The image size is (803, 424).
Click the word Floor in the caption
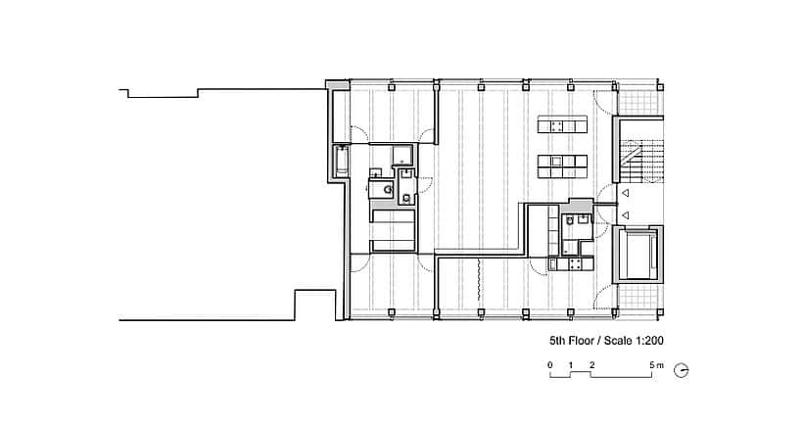[x=581, y=341]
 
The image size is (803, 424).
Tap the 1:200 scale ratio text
[x=650, y=341]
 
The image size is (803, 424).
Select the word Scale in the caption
[x=618, y=341]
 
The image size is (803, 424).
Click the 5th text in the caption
[x=557, y=341]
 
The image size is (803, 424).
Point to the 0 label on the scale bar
[x=550, y=365]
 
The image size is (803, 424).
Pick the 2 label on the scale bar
[x=592, y=365]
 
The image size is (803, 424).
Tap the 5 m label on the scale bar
[x=656, y=365]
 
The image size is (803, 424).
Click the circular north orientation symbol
[x=681, y=371]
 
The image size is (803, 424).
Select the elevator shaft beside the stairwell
[x=638, y=254]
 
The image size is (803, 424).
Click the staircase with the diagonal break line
[x=640, y=155]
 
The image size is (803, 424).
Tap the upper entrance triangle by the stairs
[x=625, y=193]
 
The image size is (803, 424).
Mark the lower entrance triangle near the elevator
[x=625, y=215]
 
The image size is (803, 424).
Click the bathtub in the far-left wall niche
[x=341, y=161]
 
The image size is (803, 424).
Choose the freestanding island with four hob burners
[x=562, y=125]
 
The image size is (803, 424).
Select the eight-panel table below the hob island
[x=562, y=166]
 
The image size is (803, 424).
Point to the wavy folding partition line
[x=478, y=280]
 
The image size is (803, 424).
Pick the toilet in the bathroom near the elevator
[x=568, y=220]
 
